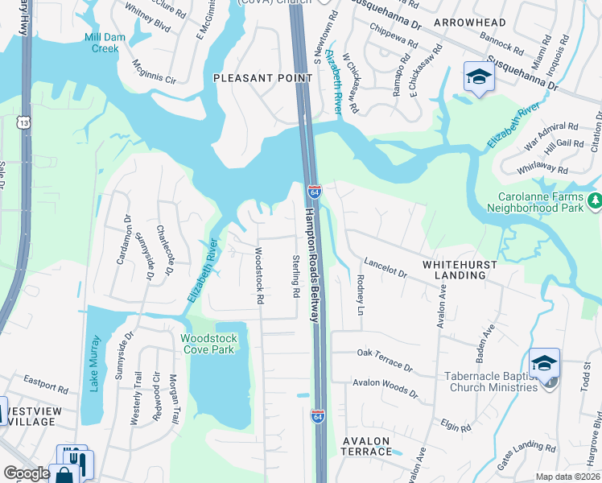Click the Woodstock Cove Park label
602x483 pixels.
[208, 344]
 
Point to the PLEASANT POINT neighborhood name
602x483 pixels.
[262, 78]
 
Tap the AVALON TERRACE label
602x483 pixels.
[366, 447]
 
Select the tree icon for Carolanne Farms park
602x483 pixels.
[594, 199]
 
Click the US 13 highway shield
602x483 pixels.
[25, 122]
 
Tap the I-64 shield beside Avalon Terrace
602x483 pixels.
[318, 416]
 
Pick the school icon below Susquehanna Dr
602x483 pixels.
[478, 78]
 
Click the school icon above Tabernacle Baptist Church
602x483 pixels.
[544, 362]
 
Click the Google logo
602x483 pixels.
[27, 473]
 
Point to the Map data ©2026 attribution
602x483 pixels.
[567, 477]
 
